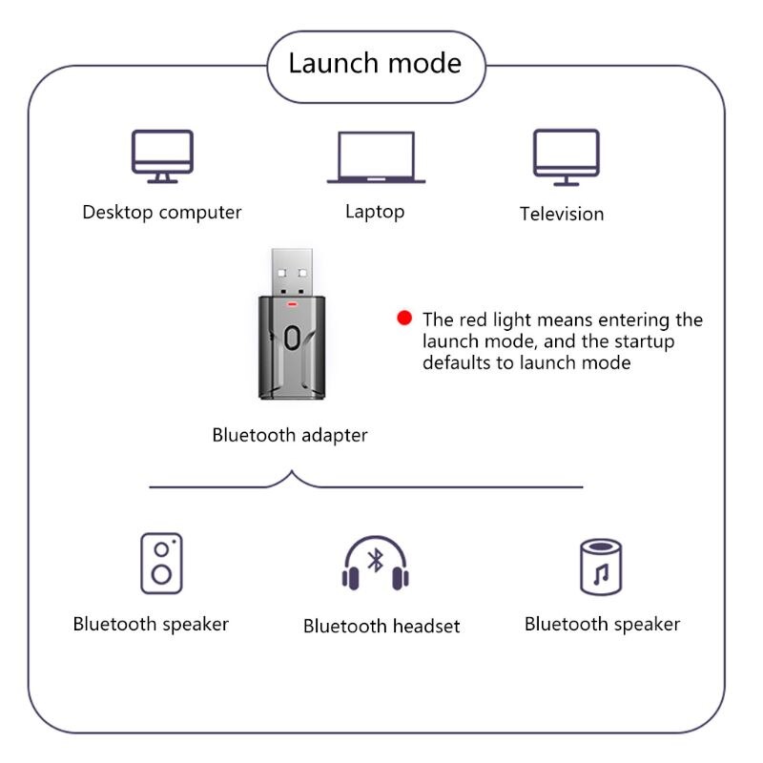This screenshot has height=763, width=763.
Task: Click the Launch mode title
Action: click(x=375, y=64)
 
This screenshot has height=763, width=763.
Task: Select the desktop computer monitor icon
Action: click(x=162, y=155)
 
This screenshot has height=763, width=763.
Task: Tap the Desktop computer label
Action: click(x=162, y=212)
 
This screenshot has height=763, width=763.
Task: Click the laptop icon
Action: click(x=376, y=157)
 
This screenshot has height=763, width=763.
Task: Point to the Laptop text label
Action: click(x=375, y=211)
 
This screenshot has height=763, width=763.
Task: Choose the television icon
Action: click(x=566, y=156)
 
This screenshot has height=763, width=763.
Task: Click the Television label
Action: click(x=562, y=214)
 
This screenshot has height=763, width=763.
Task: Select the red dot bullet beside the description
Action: click(x=404, y=319)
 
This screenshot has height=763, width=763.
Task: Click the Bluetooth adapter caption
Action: click(x=290, y=435)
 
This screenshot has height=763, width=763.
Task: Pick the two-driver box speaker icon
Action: click(x=162, y=564)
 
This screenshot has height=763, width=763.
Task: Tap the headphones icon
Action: click(x=376, y=564)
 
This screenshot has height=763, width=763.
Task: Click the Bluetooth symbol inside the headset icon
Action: click(x=376, y=560)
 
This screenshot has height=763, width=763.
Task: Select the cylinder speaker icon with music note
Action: click(x=601, y=567)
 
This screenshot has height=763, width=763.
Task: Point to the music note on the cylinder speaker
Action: click(x=601, y=575)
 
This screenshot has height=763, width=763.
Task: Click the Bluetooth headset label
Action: click(x=381, y=626)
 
